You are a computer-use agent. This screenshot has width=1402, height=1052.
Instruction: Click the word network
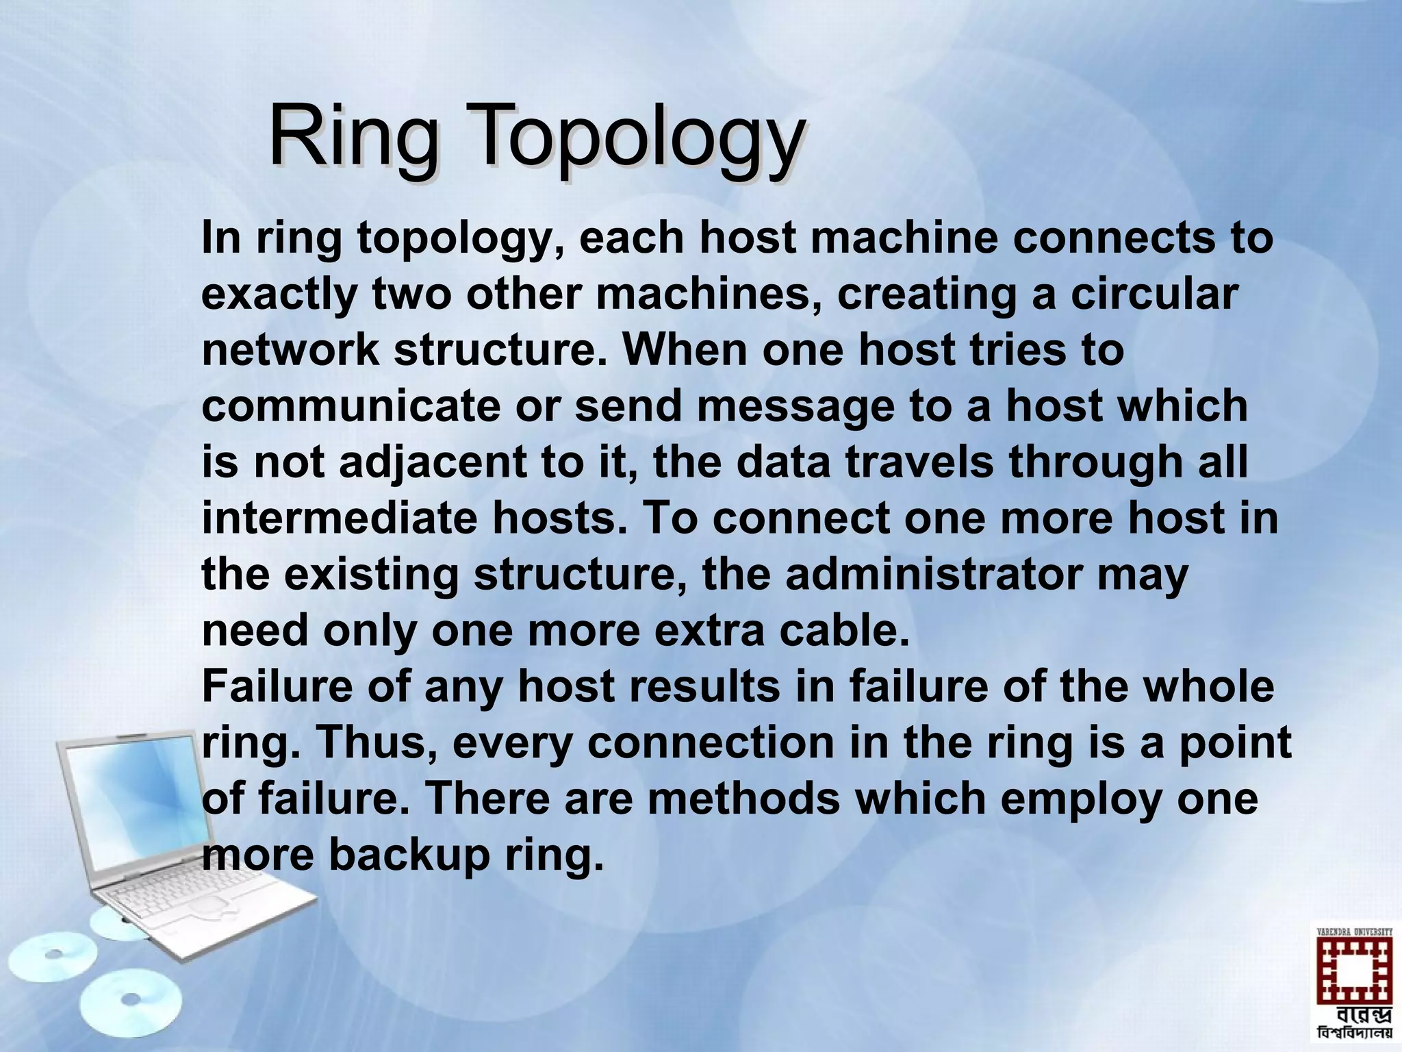click(290, 350)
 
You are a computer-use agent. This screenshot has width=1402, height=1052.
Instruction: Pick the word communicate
click(351, 406)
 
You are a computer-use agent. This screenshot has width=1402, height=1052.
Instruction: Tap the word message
click(795, 406)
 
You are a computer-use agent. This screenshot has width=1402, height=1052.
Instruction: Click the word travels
click(919, 462)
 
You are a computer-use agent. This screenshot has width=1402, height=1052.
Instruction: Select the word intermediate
click(339, 518)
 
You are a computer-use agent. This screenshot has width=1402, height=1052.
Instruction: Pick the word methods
click(743, 799)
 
